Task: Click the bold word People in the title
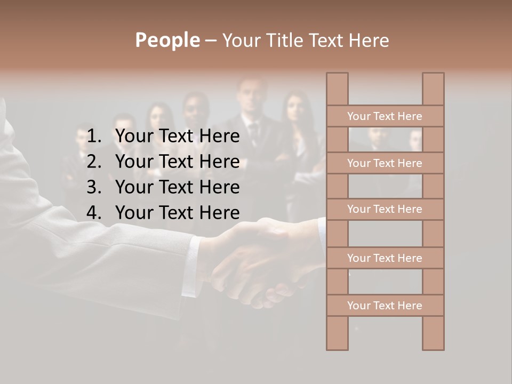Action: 167,40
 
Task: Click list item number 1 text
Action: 177,137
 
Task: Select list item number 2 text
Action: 177,162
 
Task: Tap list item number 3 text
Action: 177,187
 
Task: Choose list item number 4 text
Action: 177,213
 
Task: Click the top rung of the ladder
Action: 385,116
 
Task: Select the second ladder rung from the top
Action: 385,163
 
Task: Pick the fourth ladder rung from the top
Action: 385,258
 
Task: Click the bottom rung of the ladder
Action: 385,306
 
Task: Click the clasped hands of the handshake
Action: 256,261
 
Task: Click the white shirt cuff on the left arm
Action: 191,267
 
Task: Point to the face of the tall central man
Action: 251,99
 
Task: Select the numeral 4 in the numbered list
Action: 93,213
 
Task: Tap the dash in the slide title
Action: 210,41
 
